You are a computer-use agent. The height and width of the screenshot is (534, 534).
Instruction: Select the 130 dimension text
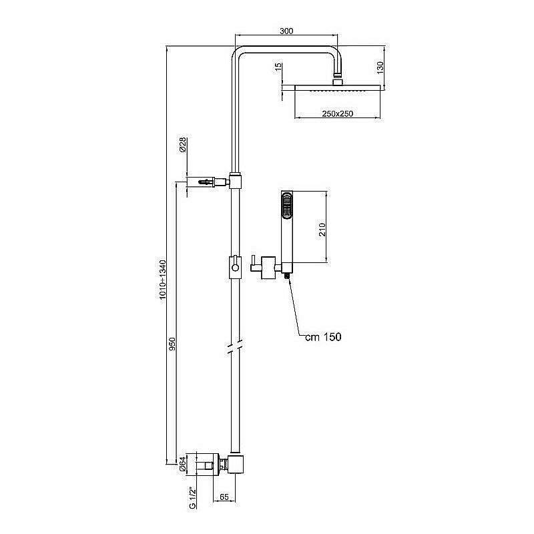click(x=379, y=67)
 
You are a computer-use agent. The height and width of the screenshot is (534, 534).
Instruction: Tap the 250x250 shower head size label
click(x=337, y=114)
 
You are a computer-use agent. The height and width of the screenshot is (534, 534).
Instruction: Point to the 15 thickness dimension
click(x=278, y=69)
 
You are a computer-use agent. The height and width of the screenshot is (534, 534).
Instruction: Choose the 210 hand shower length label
click(x=321, y=230)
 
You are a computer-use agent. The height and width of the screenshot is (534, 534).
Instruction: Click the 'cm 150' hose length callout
click(x=323, y=337)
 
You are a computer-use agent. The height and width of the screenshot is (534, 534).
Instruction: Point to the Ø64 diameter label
click(x=182, y=463)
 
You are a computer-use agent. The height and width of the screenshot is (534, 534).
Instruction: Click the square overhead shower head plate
click(x=337, y=88)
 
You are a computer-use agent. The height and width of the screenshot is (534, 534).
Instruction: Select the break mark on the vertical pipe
click(x=232, y=348)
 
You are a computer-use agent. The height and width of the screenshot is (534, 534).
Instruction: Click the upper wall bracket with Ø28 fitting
click(x=207, y=181)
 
